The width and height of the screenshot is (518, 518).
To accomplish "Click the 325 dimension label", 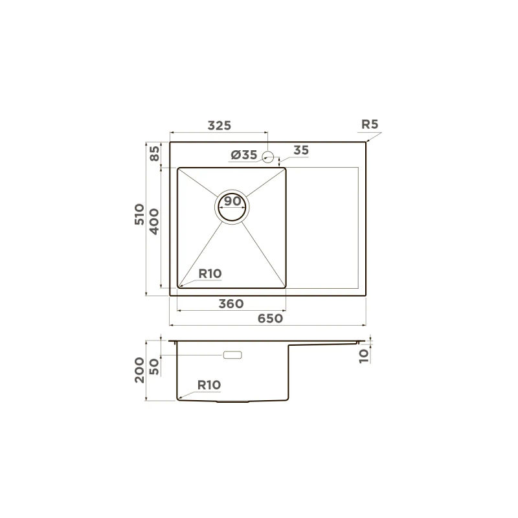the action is coord(220,126).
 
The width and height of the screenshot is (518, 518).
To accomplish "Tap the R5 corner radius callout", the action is coord(370,124).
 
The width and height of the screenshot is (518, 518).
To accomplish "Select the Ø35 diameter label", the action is coord(244,155).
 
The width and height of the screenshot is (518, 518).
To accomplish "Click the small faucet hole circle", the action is coord(268,157).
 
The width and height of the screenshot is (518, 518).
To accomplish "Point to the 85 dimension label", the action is coord(155,153).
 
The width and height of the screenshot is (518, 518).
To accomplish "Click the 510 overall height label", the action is coord(139,214).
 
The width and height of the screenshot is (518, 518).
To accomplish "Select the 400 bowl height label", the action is coord(154,221).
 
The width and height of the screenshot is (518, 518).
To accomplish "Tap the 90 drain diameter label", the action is coord(232,201).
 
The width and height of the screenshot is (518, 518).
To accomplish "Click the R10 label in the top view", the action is coord(210,273).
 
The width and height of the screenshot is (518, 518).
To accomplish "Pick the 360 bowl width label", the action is coord(231,304).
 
